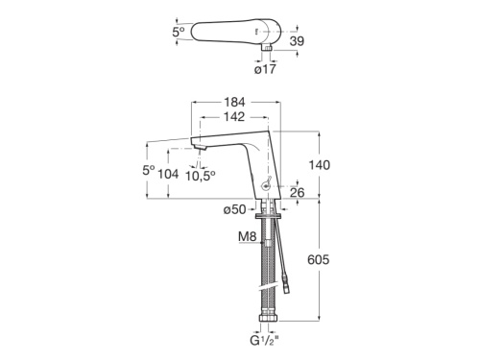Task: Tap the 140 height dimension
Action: (x=320, y=165)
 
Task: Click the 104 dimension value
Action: (x=169, y=175)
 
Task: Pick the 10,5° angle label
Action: (x=201, y=176)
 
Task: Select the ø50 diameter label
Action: (x=234, y=210)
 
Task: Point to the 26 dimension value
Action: (x=297, y=193)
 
